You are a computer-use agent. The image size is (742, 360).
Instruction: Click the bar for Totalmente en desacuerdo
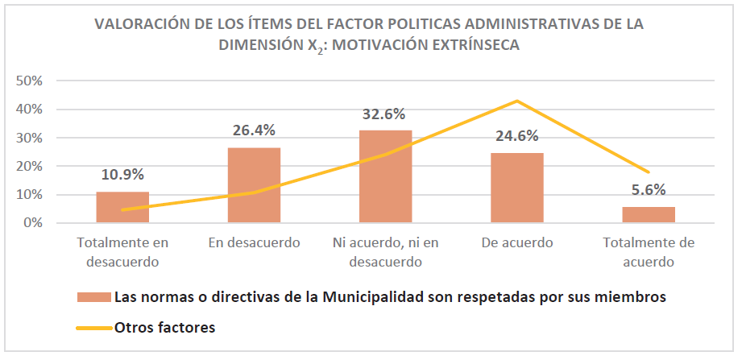coord(122,207)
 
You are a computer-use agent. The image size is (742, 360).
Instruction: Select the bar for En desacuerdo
coord(255,185)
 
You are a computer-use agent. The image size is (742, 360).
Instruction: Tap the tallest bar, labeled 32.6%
coord(385,176)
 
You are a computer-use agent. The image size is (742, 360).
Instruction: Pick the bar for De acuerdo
coord(516,188)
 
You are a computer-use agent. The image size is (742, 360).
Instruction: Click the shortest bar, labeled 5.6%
coord(649,215)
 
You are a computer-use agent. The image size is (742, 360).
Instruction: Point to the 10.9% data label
coord(122,175)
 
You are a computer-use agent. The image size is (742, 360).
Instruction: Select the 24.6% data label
coord(516,135)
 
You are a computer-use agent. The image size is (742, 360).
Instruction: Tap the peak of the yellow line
coord(516,101)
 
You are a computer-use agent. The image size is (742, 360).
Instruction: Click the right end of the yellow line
coord(649,172)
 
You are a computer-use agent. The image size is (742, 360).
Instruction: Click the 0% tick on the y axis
coord(32,223)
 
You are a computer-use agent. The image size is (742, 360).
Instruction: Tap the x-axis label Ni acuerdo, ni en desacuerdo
coord(385,252)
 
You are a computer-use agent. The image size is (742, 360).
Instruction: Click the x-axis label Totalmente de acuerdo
coord(649,252)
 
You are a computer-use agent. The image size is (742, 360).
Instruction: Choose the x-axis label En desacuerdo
coord(255,242)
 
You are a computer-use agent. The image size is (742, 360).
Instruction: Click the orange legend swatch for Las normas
coord(93,296)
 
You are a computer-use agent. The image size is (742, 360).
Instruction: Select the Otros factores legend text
coord(165,327)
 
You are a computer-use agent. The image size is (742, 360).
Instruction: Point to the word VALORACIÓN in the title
coord(141,23)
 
